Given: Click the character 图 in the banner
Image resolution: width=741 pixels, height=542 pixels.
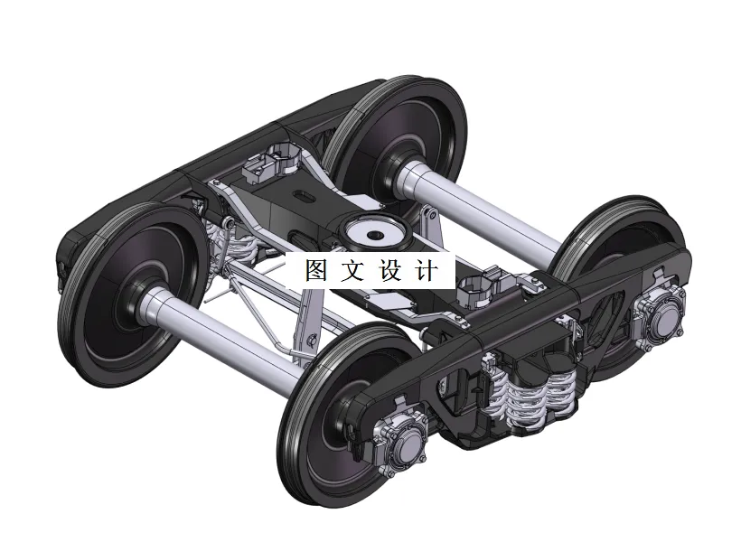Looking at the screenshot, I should point(315,271).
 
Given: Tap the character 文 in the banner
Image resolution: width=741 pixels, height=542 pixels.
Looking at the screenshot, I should point(352,271).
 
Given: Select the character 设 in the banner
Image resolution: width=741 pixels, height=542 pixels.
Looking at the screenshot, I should point(389,271).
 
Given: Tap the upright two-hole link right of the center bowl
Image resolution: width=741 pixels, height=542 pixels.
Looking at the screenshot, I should point(428,226).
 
